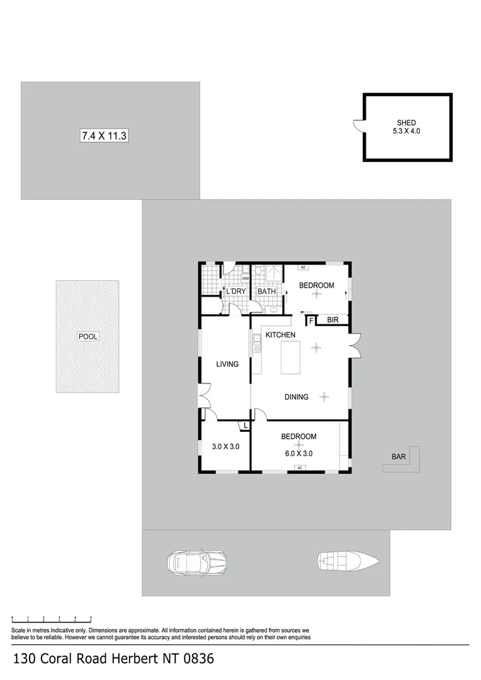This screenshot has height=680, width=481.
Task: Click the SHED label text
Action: pyautogui.click(x=406, y=123)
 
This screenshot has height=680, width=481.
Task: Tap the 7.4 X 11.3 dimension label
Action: pyautogui.click(x=104, y=135)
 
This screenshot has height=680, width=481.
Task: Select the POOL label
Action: pyautogui.click(x=88, y=336)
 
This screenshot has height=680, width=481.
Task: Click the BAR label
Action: pyautogui.click(x=399, y=456)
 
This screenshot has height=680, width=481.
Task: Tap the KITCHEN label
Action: pyautogui.click(x=280, y=335)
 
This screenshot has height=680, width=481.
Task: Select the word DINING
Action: pyautogui.click(x=296, y=397)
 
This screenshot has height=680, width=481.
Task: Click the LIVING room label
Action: pyautogui.click(x=227, y=364)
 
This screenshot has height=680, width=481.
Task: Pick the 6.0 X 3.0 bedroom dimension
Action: pyautogui.click(x=298, y=453)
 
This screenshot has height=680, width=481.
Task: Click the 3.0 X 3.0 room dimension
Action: pyautogui.click(x=225, y=447)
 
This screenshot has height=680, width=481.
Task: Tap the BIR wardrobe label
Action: pyautogui.click(x=334, y=320)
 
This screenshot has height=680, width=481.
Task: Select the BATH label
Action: pyautogui.click(x=266, y=292)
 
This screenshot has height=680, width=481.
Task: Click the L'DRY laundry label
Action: pyautogui.click(x=236, y=292)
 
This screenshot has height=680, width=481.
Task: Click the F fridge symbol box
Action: pyautogui.click(x=310, y=320)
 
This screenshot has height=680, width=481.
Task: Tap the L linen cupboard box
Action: pyautogui.click(x=244, y=426)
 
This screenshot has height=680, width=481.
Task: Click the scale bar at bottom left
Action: pyautogui.click(x=52, y=619)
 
